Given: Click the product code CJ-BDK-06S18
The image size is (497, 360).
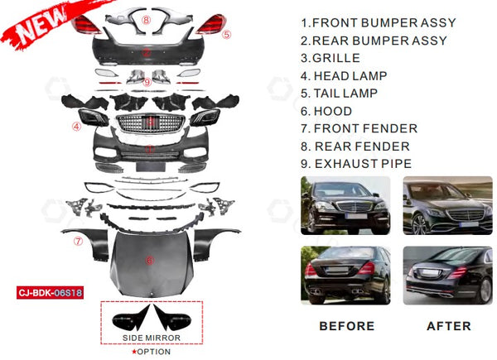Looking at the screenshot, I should coord(58,291).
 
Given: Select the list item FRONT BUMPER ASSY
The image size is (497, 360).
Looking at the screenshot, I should coord(374,23).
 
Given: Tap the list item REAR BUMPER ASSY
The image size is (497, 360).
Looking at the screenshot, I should coord(374,41).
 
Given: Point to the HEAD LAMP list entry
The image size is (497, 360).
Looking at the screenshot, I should coord(344,76).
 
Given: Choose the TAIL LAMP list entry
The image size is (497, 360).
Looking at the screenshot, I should coord(343,94).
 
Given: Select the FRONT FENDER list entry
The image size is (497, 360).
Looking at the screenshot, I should coord(359,128).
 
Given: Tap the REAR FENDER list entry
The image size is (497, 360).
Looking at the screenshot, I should coord(355,146).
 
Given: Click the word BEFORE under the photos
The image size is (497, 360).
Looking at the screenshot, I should coord(347,326).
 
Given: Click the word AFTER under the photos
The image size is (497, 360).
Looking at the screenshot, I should coord(448,326).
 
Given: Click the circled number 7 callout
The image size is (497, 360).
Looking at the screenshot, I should coord(77,242).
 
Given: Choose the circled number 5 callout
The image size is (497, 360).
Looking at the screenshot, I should coord(226,35).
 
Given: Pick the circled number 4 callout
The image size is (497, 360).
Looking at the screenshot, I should coord(76,127).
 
